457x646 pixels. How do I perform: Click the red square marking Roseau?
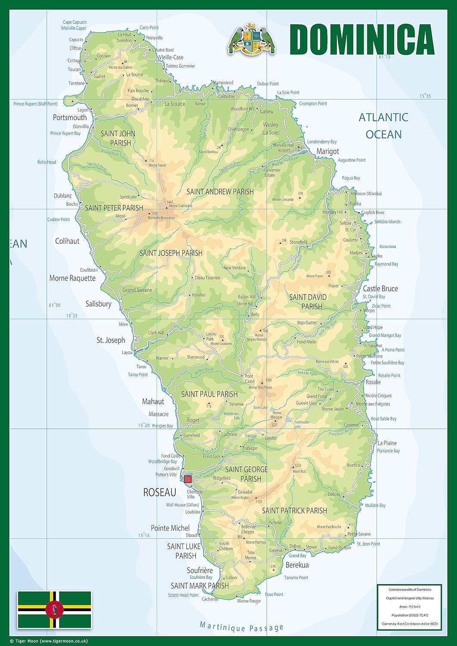pos(188,479)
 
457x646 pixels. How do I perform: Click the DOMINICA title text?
pos(362,39)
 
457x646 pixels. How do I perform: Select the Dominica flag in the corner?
pos(54,609)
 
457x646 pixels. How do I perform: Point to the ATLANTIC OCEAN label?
pos(383,125)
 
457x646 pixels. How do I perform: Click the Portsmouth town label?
pos(70,118)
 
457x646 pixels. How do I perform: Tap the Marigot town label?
pos(327,151)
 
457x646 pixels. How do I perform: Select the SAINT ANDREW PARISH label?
pos(220,192)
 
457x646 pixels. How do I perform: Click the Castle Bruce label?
pos(380,289)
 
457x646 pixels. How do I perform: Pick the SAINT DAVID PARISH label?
pos(308,302)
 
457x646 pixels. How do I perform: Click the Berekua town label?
pos(297,565)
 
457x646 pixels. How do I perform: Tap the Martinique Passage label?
pos(242,627)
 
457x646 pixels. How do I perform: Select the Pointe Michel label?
pos(170,528)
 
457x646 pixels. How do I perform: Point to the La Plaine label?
pos(387,443)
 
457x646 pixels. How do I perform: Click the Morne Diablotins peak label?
pos(180,206)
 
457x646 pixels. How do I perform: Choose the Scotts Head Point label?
pos(183,595)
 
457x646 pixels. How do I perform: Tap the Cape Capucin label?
pos(75,25)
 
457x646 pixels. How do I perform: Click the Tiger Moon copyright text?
pos(49,641)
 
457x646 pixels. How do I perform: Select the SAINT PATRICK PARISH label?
pos(295,511)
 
